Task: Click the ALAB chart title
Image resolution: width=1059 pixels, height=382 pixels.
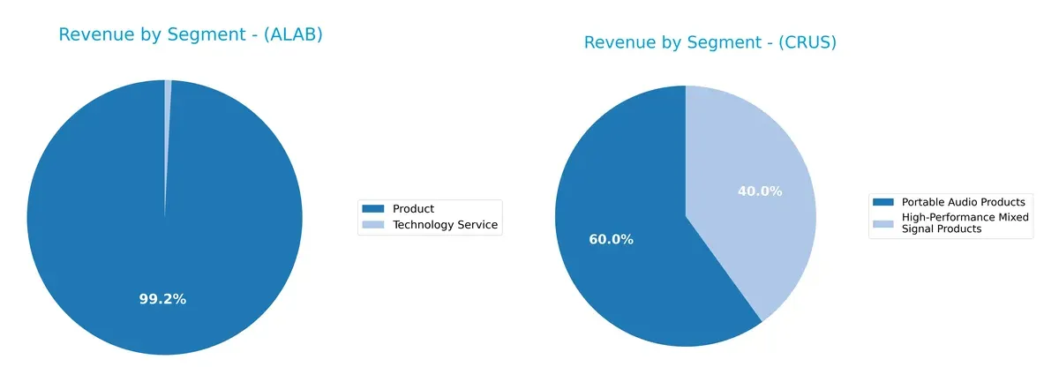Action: click(191, 34)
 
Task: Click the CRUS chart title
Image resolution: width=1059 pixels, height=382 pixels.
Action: click(710, 42)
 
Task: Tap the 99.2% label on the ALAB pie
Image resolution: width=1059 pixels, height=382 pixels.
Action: click(162, 299)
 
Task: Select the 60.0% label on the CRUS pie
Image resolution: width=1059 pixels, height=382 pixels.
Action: click(611, 239)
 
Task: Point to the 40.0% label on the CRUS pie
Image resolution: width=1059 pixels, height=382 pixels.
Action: click(760, 191)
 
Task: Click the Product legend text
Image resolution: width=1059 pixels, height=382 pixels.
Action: click(413, 209)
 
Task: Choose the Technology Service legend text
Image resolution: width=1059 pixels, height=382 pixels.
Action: click(445, 225)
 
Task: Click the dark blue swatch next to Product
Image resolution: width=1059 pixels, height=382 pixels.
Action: click(373, 209)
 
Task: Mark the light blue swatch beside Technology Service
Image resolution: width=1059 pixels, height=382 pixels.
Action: click(373, 225)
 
